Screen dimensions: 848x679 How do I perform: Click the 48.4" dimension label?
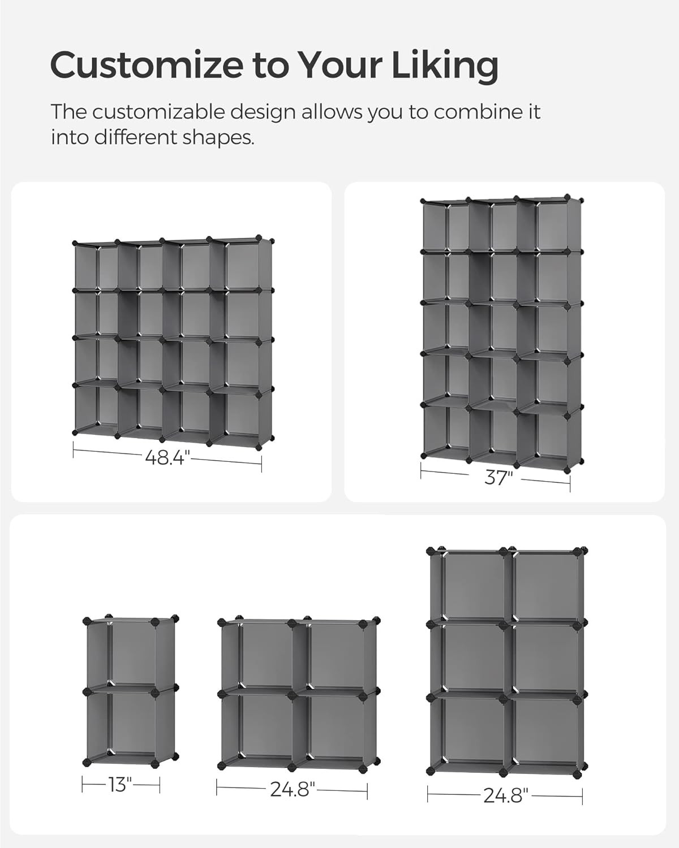(165, 457)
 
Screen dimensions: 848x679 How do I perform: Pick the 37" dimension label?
(498, 478)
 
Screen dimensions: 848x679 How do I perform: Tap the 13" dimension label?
(120, 785)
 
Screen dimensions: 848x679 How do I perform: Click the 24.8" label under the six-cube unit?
(505, 795)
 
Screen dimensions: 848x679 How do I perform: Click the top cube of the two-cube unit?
(130, 654)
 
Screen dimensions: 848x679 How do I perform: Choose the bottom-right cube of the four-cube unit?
(334, 726)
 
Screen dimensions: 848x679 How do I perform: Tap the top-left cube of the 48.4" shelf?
(95, 266)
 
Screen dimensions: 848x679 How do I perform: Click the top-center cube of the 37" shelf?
(492, 226)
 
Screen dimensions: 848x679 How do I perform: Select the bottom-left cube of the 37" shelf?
(444, 430)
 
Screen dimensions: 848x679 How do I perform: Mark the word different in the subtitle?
(136, 137)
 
